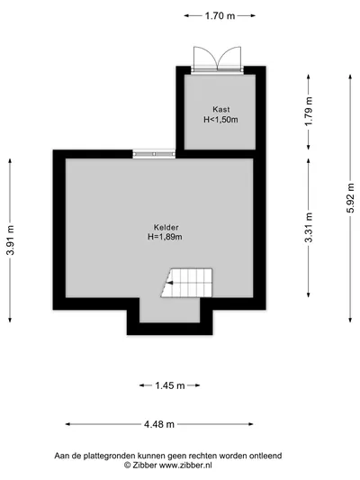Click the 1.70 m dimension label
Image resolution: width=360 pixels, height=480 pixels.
click(220, 15)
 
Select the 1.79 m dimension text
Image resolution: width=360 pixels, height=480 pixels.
click(310, 111)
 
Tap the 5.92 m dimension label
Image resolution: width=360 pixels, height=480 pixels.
click(351, 198)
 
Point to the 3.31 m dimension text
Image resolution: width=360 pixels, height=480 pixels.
click(310, 228)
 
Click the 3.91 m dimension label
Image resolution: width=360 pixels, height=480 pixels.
click(11, 240)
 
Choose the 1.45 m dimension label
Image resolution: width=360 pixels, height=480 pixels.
click(170, 385)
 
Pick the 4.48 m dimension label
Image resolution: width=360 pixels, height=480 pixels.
click(159, 424)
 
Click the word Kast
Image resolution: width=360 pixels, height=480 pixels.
click(221, 109)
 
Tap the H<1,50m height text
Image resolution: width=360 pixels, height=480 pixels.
click(220, 120)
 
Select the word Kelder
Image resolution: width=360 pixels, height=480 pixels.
click(166, 227)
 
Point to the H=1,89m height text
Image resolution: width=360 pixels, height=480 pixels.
click(166, 237)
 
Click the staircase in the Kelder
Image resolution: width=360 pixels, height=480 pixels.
click(186, 283)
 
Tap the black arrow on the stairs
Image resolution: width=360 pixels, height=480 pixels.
click(169, 283)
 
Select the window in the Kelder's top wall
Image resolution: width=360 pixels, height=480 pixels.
click(154, 154)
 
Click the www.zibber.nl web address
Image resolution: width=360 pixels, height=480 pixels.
click(185, 466)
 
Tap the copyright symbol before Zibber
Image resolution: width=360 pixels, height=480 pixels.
click(127, 466)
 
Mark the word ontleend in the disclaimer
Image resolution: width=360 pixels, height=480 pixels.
click(265, 456)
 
